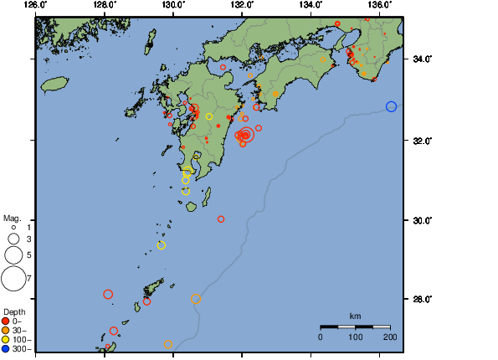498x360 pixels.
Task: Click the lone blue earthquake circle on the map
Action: click(x=391, y=106)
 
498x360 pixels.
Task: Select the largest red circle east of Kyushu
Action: click(x=246, y=134)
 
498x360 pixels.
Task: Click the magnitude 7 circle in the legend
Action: click(x=13, y=278)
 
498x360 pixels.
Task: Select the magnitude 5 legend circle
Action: click(x=13, y=254)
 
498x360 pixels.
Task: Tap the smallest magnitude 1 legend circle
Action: click(x=13, y=227)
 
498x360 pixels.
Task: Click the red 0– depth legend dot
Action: click(x=6, y=321)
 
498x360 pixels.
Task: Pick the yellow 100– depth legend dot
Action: click(x=6, y=340)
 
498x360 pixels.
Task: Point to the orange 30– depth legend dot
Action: click(x=6, y=330)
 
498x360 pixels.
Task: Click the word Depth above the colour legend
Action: click(x=14, y=311)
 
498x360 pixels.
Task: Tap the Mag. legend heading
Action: click(x=11, y=218)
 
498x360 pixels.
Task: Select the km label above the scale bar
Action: click(x=355, y=316)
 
